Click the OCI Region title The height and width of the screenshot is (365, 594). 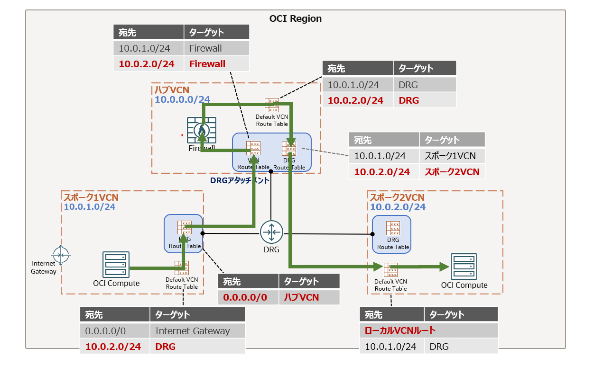tap(295, 19)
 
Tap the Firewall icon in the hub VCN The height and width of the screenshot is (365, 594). tap(202, 130)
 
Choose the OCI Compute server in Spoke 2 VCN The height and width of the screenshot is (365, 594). tap(464, 267)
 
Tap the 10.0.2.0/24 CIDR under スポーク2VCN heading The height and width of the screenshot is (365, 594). tap(398, 207)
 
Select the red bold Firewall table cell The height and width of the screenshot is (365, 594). tap(207, 64)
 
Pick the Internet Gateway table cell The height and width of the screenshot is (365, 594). tap(192, 331)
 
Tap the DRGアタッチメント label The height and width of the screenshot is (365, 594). tap(240, 180)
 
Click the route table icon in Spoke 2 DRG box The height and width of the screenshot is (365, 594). tap(392, 229)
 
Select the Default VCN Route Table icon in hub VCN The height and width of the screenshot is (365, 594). tap(272, 105)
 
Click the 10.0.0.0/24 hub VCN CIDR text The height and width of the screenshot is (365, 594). tap(182, 99)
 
